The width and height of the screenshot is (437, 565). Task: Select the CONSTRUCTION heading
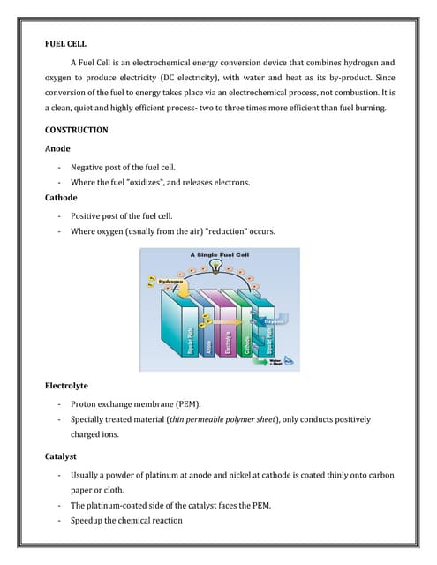tap(77, 130)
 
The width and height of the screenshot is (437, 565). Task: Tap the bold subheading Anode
tap(58, 148)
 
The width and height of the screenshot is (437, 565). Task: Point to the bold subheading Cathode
tap(62, 198)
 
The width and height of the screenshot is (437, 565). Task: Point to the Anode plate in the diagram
tap(207, 335)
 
